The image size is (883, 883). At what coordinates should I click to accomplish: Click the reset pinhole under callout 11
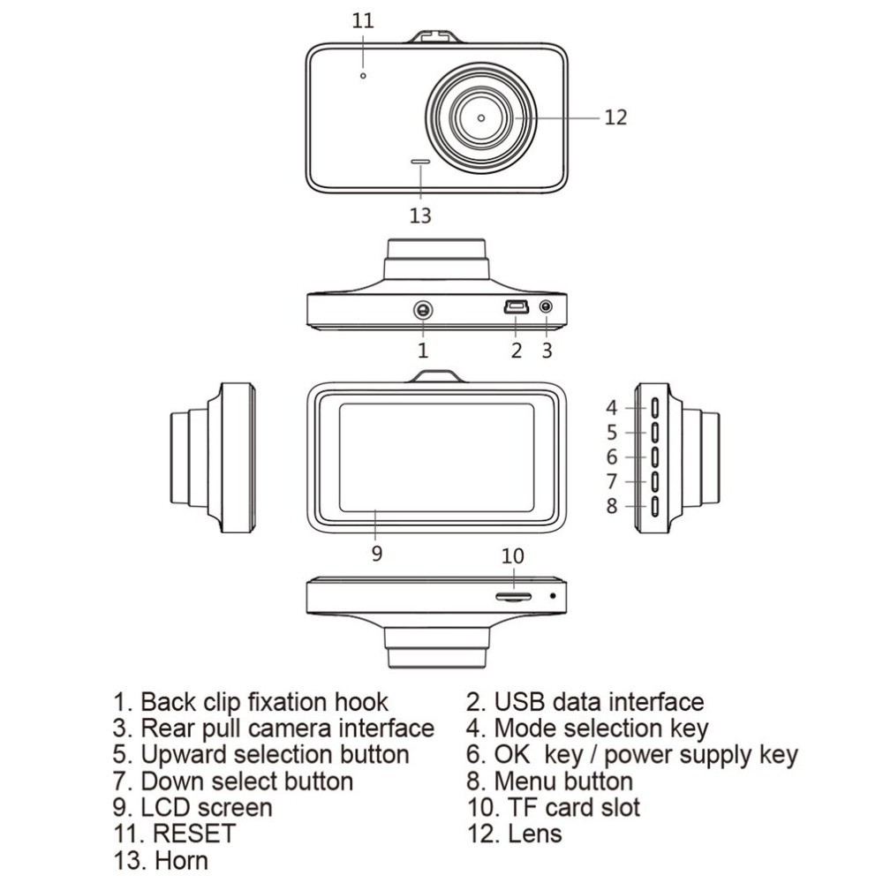point(362,76)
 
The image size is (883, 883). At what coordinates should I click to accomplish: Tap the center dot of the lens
point(481,117)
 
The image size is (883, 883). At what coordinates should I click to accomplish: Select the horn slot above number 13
point(420,162)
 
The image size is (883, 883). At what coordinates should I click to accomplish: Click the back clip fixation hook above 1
point(423,310)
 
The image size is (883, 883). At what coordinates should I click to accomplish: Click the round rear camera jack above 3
point(546,308)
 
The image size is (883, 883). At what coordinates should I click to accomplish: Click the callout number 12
point(615,117)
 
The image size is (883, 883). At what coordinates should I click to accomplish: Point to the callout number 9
point(377,555)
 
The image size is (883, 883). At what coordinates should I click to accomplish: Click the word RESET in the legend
point(194,833)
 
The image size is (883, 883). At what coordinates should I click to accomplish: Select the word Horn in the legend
point(180,859)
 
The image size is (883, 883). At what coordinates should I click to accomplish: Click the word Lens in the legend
point(534,833)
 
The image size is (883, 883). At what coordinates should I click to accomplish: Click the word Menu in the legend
point(525,781)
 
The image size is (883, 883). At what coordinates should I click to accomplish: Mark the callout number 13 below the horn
point(420,214)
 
